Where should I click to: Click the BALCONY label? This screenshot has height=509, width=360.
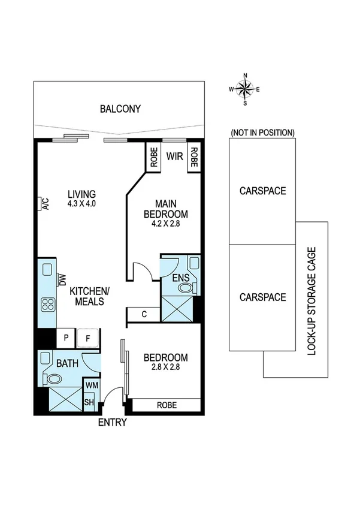120,109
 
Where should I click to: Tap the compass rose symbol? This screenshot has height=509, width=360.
244,89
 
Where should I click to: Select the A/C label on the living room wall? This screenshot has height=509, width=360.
46,204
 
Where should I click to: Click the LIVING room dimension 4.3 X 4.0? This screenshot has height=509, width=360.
81,204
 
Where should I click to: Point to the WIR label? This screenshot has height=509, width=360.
174,157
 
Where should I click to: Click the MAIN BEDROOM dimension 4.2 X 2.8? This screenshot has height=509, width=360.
165,225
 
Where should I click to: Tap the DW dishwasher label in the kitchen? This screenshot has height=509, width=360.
61,279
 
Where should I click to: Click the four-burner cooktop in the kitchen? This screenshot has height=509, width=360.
47,305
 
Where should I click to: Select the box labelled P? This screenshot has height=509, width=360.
66,338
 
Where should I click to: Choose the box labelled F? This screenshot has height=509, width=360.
88,338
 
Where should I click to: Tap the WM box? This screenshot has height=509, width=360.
91,385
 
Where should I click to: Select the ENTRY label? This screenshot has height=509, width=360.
112,422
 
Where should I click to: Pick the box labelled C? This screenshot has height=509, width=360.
144,314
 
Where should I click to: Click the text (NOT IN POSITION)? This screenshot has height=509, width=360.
262,132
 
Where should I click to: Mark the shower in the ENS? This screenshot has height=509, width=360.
177,310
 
